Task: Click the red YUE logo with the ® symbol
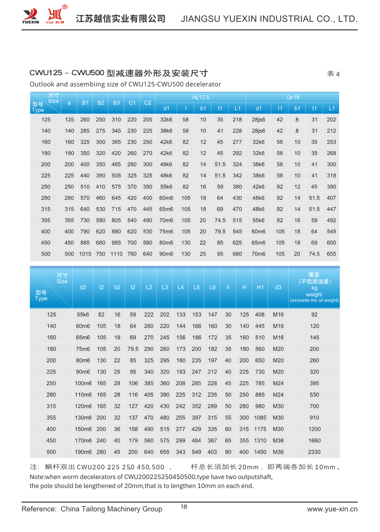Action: click(55, 15)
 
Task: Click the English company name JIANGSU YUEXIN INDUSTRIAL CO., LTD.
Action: click(269, 19)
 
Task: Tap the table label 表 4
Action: click(333, 74)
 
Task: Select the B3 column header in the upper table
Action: click(116, 103)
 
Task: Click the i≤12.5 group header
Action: click(201, 97)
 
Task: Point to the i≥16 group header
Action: click(293, 97)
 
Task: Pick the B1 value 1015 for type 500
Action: click(85, 254)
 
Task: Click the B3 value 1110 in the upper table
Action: click(116, 254)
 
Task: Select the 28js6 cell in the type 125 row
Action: click(259, 120)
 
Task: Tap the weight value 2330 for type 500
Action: click(314, 452)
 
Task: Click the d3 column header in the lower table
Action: click(278, 287)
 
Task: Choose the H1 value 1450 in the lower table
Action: click(260, 452)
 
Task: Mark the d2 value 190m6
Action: click(83, 452)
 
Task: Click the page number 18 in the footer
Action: click(184, 507)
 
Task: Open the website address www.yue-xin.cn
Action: click(332, 509)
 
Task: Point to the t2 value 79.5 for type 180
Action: click(133, 349)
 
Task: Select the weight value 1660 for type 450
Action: click(314, 440)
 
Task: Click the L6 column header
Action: click(212, 287)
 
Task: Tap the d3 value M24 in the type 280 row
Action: click(278, 395)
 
